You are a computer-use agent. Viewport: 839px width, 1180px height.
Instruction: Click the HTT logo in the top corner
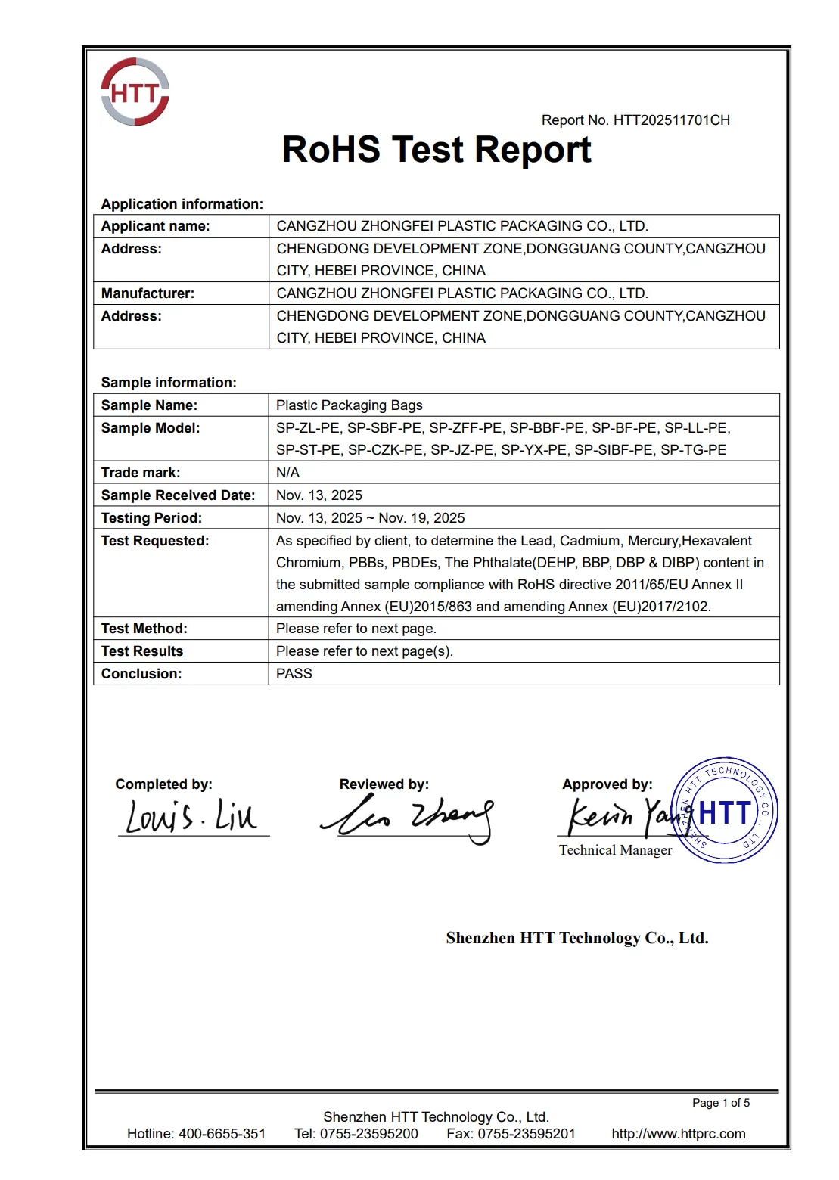135,92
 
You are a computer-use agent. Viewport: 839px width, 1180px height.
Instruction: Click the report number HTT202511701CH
671,120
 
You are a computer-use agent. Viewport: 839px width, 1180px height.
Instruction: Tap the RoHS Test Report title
437,150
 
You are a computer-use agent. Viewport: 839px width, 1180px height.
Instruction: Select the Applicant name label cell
156,226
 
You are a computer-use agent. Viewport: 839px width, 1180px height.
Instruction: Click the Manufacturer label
148,293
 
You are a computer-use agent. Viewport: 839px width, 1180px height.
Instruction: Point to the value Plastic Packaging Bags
350,405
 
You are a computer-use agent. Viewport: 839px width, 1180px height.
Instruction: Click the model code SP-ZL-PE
308,428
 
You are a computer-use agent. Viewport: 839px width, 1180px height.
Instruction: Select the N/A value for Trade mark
287,473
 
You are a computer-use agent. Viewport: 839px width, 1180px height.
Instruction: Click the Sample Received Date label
178,495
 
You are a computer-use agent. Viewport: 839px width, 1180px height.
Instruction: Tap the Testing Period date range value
370,518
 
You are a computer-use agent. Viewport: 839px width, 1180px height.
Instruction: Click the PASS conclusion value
294,674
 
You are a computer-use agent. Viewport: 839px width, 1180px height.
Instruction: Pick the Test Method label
144,629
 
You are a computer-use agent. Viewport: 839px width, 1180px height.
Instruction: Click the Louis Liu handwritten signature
191,817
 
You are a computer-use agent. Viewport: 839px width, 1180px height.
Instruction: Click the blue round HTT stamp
725,811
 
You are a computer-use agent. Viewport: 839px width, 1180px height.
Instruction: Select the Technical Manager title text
615,850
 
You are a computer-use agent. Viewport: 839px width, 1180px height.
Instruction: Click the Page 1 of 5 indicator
721,1103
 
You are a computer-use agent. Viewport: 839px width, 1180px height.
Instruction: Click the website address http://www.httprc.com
679,1134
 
